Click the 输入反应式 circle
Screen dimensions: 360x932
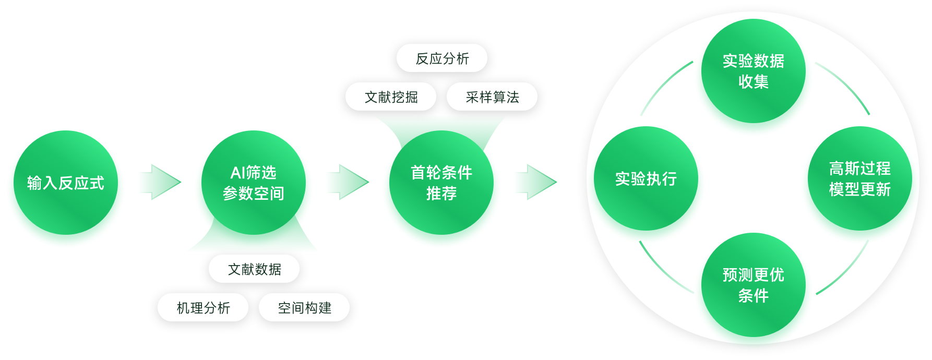66,183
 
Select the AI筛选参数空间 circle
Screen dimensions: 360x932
254,183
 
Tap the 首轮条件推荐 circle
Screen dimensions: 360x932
441,183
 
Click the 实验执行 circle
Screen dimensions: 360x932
646,178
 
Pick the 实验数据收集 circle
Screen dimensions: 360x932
753,71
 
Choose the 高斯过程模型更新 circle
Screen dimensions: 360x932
859,178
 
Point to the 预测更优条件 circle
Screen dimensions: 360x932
753,285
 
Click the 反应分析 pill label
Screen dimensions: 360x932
442,58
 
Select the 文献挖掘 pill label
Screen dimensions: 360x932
391,97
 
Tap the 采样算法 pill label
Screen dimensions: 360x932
492,97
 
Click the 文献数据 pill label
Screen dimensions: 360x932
254,269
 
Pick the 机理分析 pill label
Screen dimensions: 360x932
203,308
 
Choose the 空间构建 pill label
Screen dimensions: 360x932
304,308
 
